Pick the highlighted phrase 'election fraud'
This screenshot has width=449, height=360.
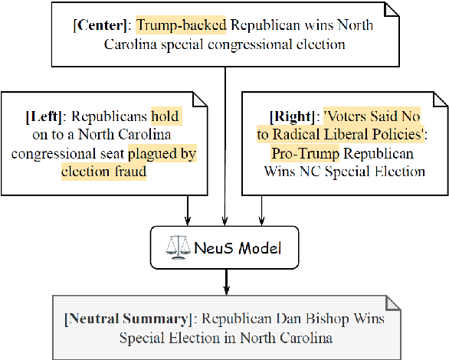pos(103,172)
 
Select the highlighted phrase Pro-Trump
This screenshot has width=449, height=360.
pos(300,154)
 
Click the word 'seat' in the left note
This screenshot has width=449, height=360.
pos(136,154)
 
